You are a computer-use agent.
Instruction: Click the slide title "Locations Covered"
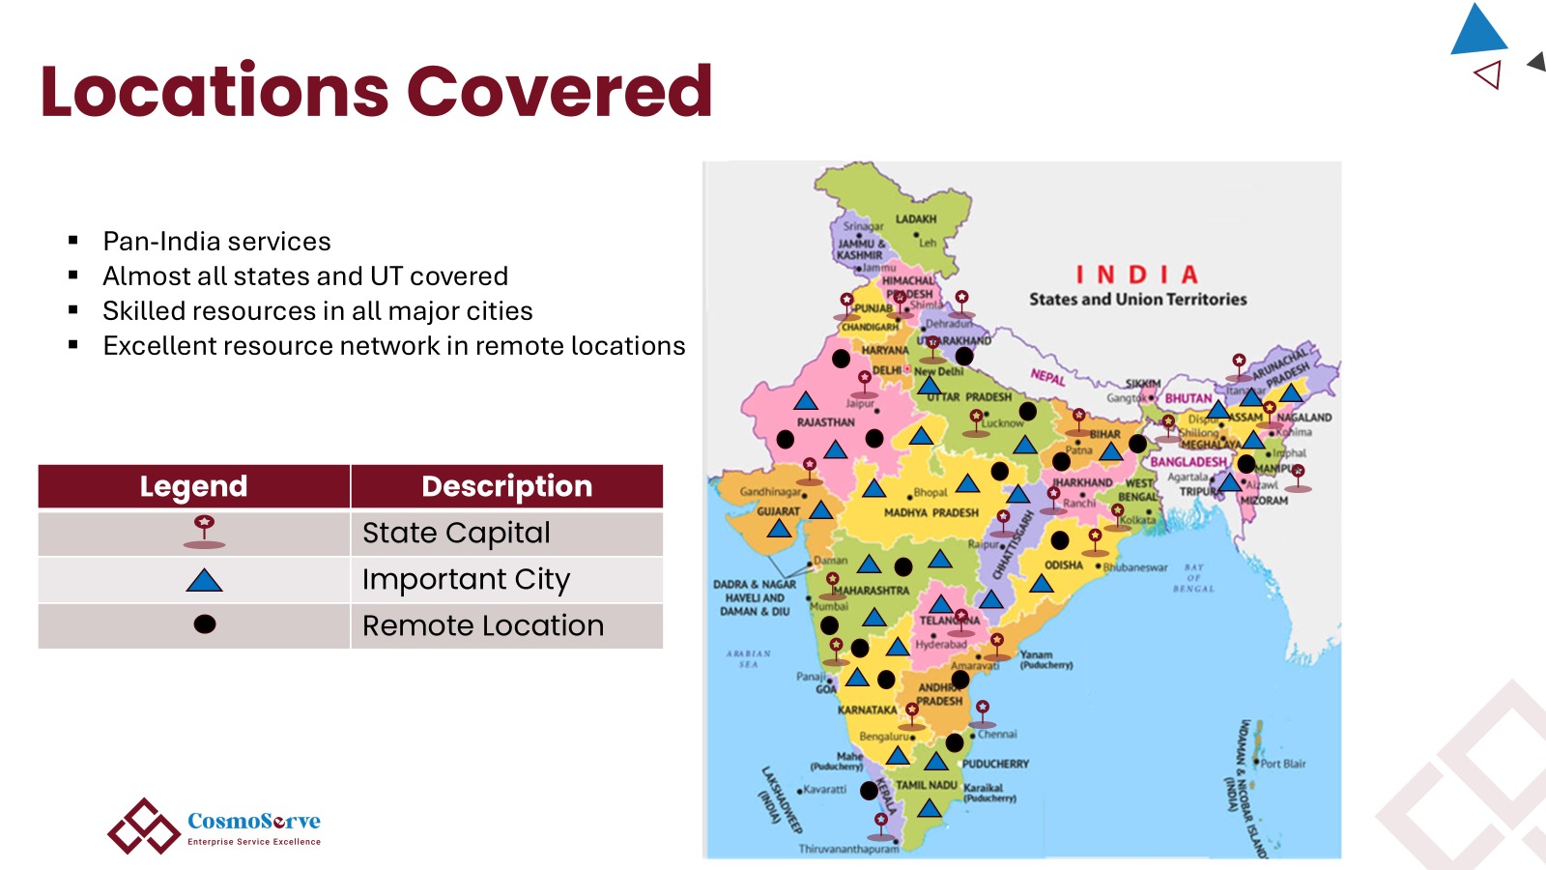(x=376, y=92)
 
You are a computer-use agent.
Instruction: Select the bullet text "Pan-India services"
(x=216, y=242)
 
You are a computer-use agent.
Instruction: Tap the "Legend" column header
(x=193, y=486)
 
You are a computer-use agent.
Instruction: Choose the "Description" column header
(x=506, y=486)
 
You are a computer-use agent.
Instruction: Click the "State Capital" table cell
(x=456, y=533)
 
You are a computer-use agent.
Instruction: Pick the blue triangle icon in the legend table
(x=204, y=580)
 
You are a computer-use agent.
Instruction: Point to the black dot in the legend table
(x=204, y=624)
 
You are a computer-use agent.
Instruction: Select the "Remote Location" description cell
(x=482, y=625)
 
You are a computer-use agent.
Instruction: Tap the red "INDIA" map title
(x=1137, y=275)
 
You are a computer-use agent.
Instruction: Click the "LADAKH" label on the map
(x=915, y=219)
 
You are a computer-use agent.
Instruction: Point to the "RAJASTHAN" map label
(x=825, y=422)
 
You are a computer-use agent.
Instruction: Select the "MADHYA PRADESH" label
(x=930, y=513)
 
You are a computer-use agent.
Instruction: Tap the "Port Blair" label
(x=1283, y=764)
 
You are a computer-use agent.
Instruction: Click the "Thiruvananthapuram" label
(x=848, y=849)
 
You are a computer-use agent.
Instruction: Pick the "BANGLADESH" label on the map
(x=1188, y=462)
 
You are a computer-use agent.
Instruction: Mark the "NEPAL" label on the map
(x=1047, y=376)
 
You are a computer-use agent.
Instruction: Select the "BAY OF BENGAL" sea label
(x=1193, y=578)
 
